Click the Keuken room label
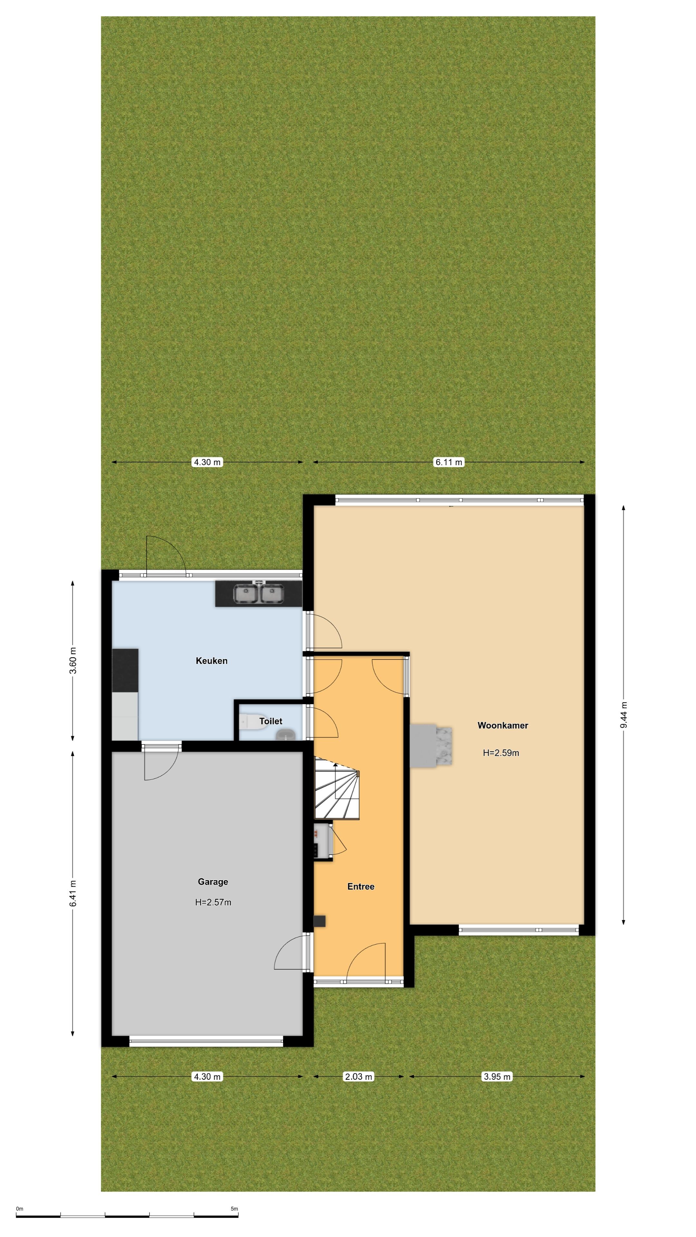point(211,661)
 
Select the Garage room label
point(213,882)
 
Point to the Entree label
point(361,887)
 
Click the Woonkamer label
point(502,725)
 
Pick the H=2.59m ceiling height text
point(501,753)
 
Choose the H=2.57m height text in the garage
point(213,902)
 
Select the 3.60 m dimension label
point(73,661)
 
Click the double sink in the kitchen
point(259,593)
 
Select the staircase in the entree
point(337,788)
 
